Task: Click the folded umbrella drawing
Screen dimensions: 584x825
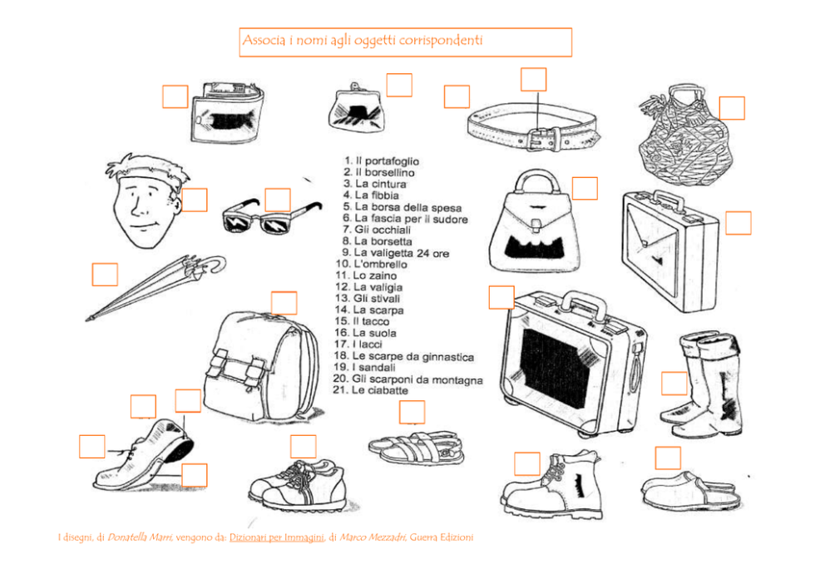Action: pyautogui.click(x=154, y=287)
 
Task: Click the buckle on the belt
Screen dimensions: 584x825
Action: pyautogui.click(x=541, y=138)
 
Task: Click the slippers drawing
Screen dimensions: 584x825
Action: pyautogui.click(x=689, y=491)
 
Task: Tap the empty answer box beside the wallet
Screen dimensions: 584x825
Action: pyautogui.click(x=175, y=97)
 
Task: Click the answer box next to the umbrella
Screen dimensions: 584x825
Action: pyautogui.click(x=105, y=275)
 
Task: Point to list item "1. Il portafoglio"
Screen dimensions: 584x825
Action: pyautogui.click(x=382, y=161)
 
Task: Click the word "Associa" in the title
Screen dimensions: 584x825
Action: pyautogui.click(x=260, y=41)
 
